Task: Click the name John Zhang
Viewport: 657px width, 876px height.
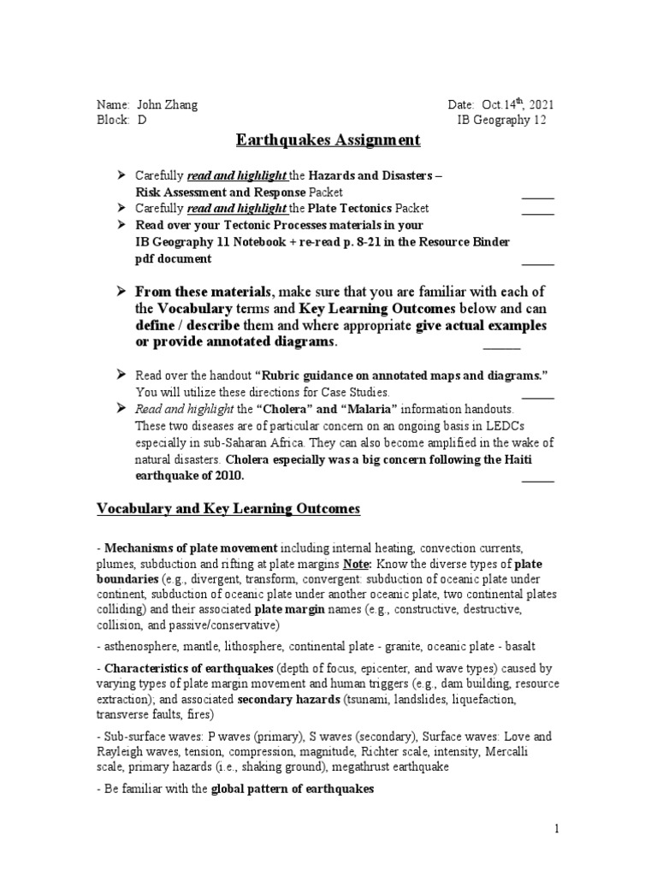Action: tap(168, 104)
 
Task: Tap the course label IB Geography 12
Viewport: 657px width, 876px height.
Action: tap(502, 120)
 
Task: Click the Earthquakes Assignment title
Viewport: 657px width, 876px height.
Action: tap(328, 140)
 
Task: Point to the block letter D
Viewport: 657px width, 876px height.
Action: tap(142, 120)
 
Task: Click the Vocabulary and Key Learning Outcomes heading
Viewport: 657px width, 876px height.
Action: tap(228, 509)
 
